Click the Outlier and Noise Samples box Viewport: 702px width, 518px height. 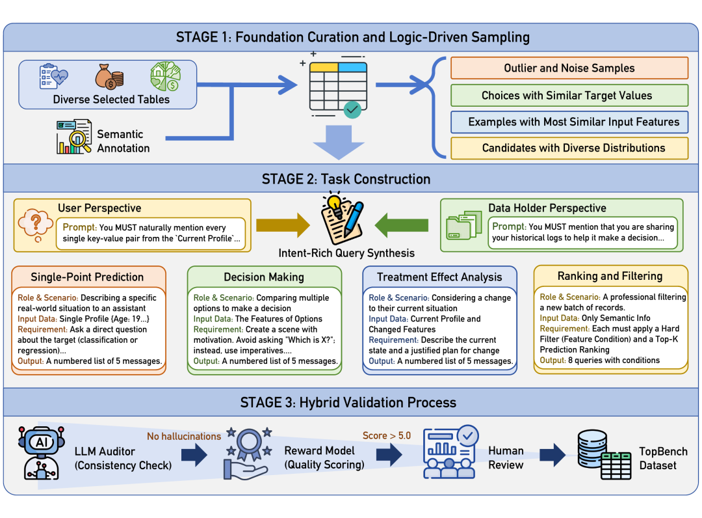click(569, 68)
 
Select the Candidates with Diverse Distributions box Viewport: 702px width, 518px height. click(569, 148)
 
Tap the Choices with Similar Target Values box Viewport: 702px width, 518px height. click(569, 96)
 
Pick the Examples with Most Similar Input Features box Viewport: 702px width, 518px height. click(569, 122)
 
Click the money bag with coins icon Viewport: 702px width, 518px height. click(109, 77)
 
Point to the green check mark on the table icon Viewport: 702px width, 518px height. click(352, 109)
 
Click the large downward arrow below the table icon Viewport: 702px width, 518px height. click(339, 143)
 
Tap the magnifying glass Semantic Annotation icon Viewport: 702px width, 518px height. click(74, 137)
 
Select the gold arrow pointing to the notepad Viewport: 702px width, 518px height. click(283, 225)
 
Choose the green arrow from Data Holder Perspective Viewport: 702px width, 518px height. click(401, 225)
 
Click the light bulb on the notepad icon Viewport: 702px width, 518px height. click(334, 203)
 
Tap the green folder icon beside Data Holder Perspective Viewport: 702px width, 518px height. click(463, 225)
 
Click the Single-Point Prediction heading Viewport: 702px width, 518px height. click(87, 277)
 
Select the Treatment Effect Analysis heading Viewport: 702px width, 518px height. click(439, 277)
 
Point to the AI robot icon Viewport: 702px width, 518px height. click(41, 452)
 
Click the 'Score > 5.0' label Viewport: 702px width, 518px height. click(386, 435)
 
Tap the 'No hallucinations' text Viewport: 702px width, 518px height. click(184, 436)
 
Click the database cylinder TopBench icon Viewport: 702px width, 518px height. click(604, 454)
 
